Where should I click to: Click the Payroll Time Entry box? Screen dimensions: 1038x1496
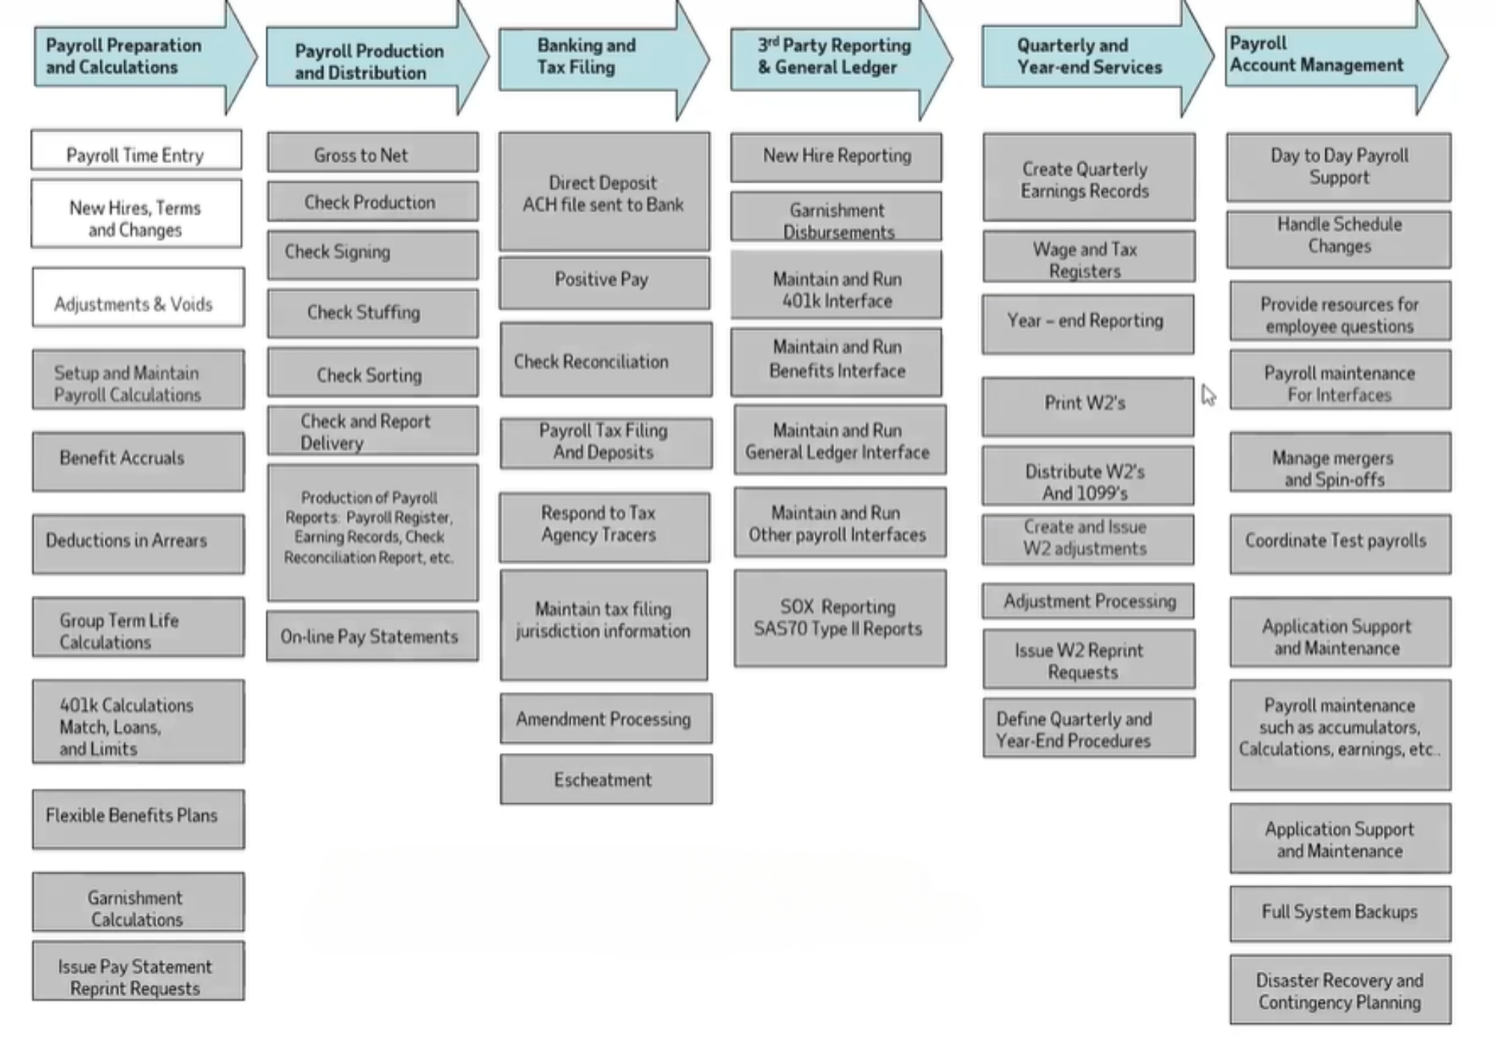click(x=136, y=150)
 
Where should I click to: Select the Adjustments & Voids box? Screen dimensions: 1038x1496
click(x=138, y=298)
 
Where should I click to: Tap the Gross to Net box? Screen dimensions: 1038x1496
click(x=373, y=153)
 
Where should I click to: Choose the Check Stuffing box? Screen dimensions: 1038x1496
click(x=373, y=313)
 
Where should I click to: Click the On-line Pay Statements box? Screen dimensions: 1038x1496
click(x=373, y=636)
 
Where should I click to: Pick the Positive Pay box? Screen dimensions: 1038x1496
click(x=604, y=282)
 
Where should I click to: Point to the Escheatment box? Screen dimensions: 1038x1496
click(x=606, y=779)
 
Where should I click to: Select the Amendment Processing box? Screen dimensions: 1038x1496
click(x=606, y=719)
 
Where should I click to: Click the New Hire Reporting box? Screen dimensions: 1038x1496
click(x=836, y=157)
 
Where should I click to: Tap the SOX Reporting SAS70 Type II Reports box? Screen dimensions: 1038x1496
click(x=839, y=618)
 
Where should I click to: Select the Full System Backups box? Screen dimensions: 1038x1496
click(x=1340, y=913)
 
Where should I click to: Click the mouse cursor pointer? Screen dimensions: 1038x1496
click(x=1208, y=394)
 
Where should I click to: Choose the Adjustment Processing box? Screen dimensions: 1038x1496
click(x=1088, y=601)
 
